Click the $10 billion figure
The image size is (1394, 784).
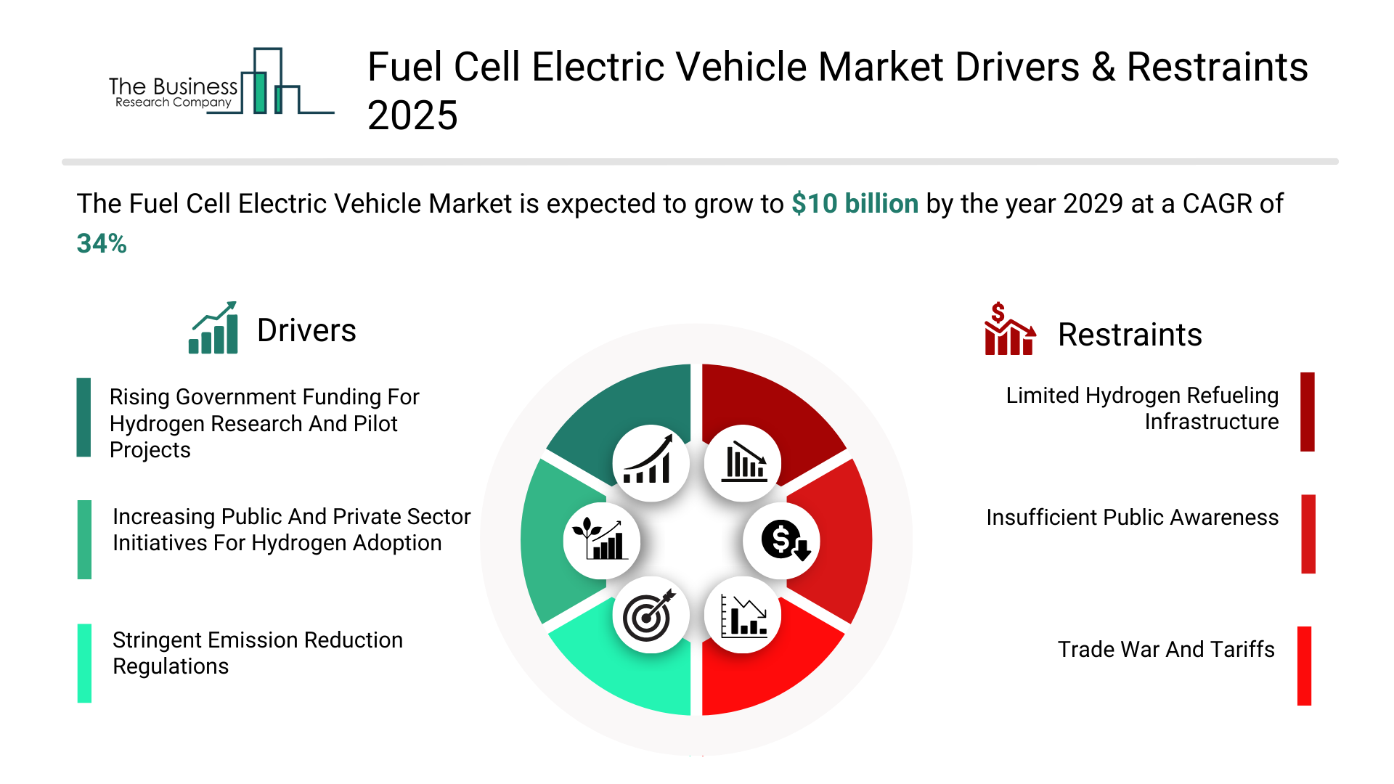click(855, 204)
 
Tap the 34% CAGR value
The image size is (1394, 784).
click(102, 244)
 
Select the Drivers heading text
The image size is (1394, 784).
click(306, 330)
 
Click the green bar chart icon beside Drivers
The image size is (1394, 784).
click(213, 328)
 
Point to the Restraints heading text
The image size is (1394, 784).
click(1130, 335)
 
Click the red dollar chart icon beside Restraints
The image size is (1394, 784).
click(1009, 330)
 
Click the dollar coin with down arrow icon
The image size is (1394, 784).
click(782, 541)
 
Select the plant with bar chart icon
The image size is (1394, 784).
click(601, 541)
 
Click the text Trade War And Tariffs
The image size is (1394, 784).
click(1166, 649)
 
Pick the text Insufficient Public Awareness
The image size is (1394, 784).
click(1132, 518)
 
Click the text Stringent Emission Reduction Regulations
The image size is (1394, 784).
click(257, 653)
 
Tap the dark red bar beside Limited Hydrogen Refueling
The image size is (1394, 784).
click(1307, 412)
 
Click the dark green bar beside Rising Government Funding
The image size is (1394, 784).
click(84, 417)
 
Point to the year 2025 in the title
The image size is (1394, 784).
click(412, 116)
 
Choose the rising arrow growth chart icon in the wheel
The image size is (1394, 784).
click(651, 463)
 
